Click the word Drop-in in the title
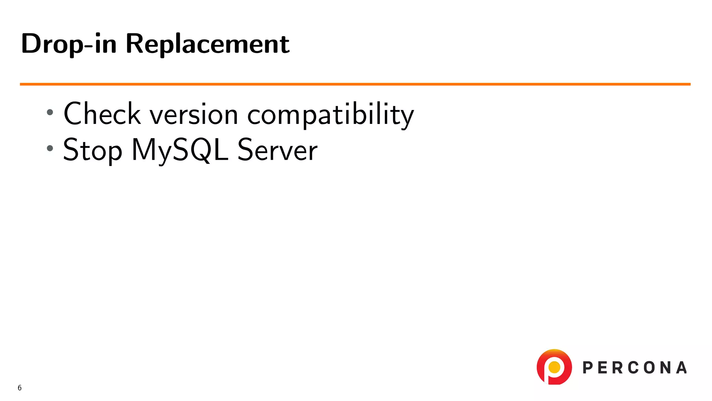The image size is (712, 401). click(69, 44)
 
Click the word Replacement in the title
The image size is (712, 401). click(208, 44)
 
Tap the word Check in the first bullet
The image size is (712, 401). click(102, 114)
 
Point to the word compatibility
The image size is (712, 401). click(330, 115)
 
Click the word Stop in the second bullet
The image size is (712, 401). click(92, 150)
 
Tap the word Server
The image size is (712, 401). click(277, 150)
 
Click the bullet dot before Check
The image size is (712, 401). click(50, 112)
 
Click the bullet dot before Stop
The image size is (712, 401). click(50, 148)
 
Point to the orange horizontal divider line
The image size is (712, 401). click(355, 84)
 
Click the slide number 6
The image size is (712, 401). click(19, 388)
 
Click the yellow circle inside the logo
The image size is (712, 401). click(554, 367)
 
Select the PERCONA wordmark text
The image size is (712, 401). click(634, 368)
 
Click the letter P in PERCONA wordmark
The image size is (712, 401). click(588, 368)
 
